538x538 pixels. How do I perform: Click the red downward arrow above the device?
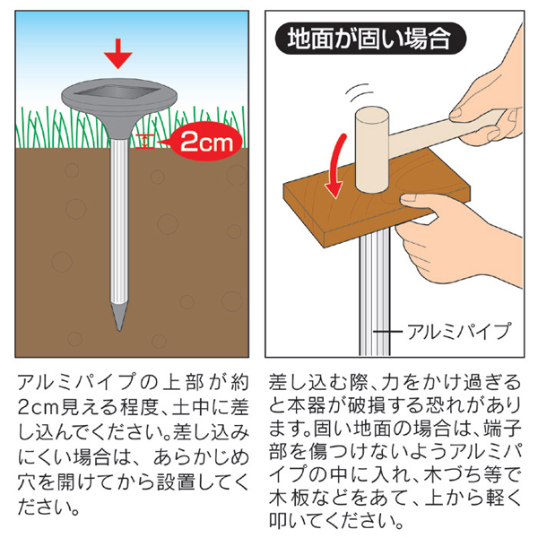118,54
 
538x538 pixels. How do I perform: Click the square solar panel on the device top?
117,92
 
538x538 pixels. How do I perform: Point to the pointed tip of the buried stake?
118,330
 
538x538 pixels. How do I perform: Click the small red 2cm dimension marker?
145,142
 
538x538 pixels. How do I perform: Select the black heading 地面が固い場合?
370,39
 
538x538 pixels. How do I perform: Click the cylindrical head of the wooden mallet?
372,150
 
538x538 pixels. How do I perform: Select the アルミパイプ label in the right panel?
458,331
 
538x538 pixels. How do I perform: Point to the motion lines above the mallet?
359,91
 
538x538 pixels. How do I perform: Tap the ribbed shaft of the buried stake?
118,220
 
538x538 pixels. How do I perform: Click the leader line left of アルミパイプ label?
387,332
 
